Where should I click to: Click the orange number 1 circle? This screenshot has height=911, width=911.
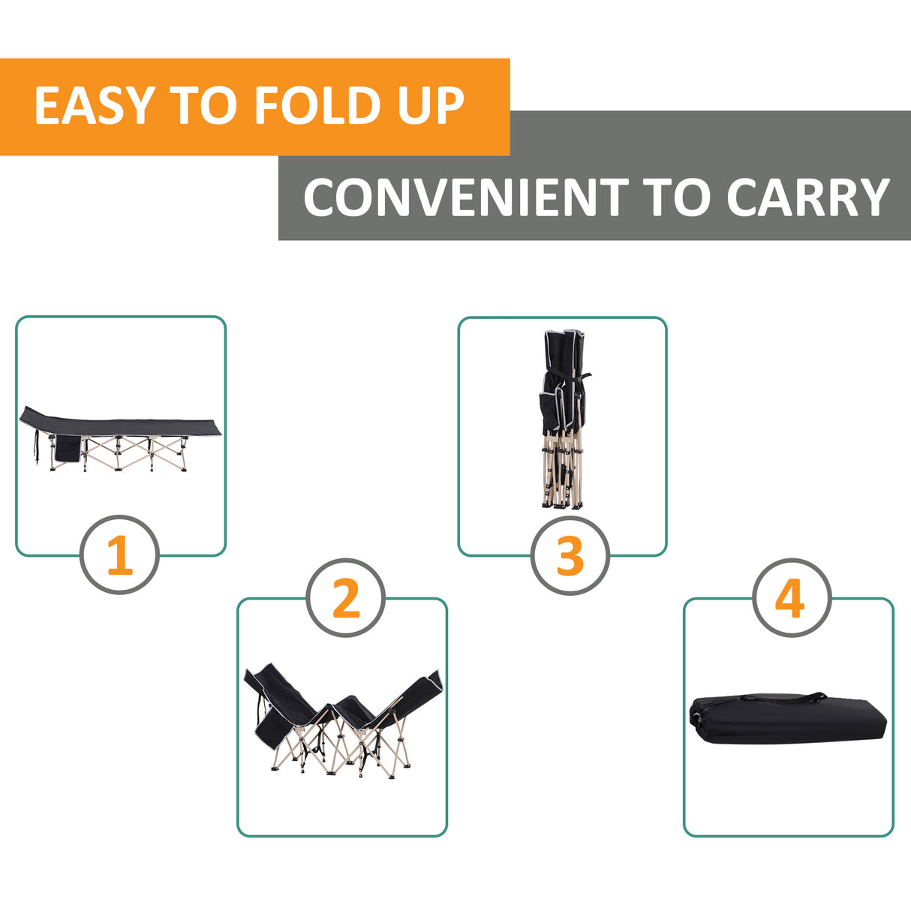[119, 555]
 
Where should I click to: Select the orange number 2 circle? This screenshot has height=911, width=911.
[345, 598]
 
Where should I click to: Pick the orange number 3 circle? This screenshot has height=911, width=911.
[570, 555]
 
